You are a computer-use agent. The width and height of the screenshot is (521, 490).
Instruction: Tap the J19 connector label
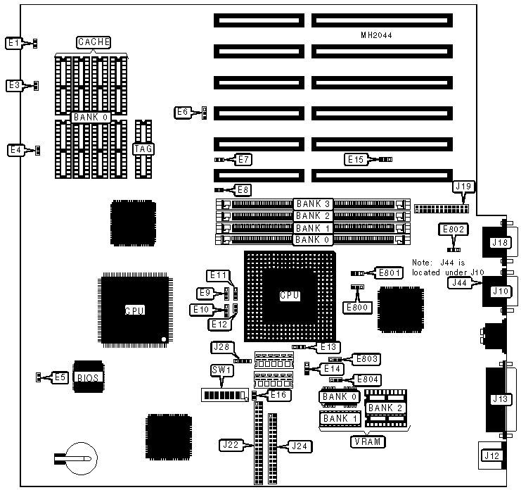tap(465, 187)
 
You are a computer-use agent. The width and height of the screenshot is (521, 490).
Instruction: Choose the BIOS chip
tap(88, 377)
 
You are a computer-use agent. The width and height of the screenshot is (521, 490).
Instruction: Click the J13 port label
tap(501, 400)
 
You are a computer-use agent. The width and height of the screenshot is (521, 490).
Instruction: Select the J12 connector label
tap(491, 456)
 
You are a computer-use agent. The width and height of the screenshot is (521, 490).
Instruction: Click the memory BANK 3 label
tap(312, 204)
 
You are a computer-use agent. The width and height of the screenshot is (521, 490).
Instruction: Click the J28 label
tap(221, 346)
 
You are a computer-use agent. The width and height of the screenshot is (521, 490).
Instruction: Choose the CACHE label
tap(94, 43)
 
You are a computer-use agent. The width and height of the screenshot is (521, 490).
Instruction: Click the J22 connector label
tap(233, 445)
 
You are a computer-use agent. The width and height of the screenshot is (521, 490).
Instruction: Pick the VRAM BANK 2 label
tap(385, 408)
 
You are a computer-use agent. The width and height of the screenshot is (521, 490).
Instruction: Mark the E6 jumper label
tap(184, 111)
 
